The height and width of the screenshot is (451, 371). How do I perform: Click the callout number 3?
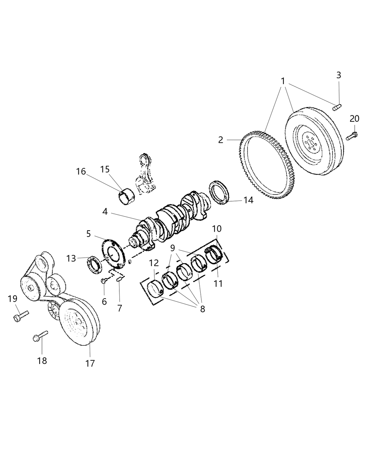click(x=338, y=75)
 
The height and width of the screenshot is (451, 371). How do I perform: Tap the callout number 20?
click(x=354, y=119)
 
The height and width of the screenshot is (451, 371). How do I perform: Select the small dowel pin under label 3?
click(x=337, y=106)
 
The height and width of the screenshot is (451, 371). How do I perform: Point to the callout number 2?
click(x=220, y=140)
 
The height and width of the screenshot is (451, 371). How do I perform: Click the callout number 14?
click(x=248, y=200)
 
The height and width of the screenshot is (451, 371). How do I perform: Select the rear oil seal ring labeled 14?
click(x=220, y=192)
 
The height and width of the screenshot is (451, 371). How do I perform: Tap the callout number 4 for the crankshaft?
click(x=105, y=212)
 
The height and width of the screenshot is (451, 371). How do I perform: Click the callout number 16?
click(x=81, y=172)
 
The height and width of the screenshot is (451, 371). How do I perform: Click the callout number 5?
click(x=88, y=234)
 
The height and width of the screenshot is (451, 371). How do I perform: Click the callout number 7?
click(x=120, y=308)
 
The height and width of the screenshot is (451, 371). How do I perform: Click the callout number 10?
click(x=217, y=229)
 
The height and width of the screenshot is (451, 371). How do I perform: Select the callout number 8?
click(x=202, y=309)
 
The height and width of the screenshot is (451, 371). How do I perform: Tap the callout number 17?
click(x=90, y=363)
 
